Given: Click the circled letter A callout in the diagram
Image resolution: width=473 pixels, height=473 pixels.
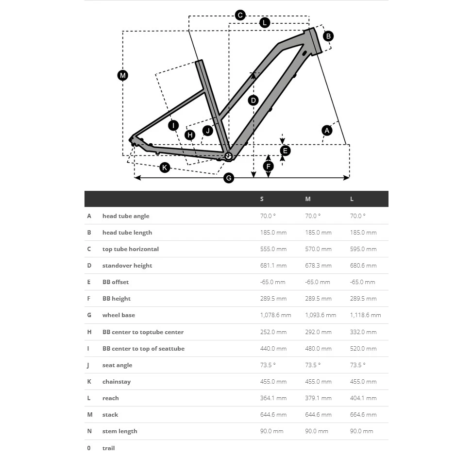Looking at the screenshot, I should (327, 130).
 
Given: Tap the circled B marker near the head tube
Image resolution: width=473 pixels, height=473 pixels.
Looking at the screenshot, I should (328, 36).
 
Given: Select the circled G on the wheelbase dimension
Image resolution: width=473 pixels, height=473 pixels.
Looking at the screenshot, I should (229, 178).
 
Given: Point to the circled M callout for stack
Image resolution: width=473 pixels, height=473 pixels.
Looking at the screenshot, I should (122, 75).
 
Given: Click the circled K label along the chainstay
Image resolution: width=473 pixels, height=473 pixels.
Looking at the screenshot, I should (165, 168).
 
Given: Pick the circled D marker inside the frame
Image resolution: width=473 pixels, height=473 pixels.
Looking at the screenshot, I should (253, 101).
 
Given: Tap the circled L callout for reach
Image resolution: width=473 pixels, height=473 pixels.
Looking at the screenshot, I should (264, 22).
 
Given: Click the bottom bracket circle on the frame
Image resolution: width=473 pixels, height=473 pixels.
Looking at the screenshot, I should (228, 156).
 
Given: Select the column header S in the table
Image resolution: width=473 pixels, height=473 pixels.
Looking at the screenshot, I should (262, 199).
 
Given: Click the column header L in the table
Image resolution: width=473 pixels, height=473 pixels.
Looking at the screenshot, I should (352, 199).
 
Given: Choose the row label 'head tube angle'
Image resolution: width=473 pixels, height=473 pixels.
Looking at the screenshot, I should (126, 216).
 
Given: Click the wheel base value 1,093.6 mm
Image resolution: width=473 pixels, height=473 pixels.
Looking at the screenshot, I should (321, 315).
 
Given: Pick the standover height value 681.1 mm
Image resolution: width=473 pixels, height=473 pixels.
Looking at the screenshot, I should (273, 266).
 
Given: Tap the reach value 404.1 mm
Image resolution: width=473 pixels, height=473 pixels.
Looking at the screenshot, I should (363, 398).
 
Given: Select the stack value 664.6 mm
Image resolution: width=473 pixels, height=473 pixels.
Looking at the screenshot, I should (363, 415).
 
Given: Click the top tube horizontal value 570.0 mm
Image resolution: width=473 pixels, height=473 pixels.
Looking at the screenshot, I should (318, 249).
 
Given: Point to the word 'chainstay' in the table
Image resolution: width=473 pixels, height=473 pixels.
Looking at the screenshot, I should (117, 382).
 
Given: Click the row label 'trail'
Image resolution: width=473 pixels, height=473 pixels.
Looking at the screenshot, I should (108, 448).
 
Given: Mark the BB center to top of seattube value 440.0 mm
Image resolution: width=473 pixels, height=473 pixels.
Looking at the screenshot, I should (273, 349).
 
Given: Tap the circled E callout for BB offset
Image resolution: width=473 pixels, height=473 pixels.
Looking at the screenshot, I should (285, 151).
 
